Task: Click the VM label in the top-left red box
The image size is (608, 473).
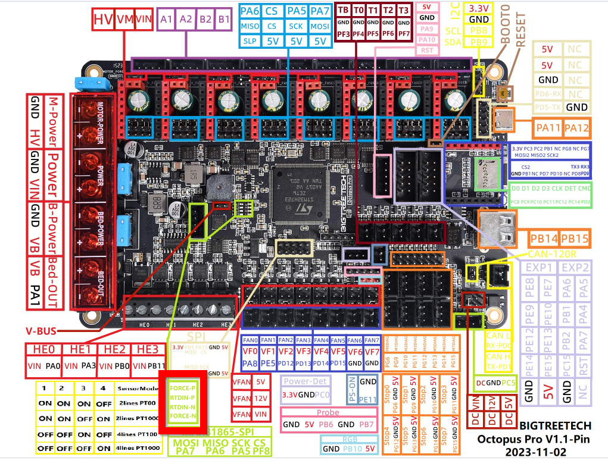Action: point(124,20)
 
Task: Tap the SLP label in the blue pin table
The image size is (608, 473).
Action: point(250,41)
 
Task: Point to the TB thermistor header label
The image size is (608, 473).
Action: point(344,10)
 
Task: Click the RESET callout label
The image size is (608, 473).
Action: point(521,27)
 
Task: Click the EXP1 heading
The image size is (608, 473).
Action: point(538,268)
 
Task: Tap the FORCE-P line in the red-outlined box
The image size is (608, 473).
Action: point(183,388)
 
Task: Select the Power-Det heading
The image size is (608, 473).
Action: point(305,381)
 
